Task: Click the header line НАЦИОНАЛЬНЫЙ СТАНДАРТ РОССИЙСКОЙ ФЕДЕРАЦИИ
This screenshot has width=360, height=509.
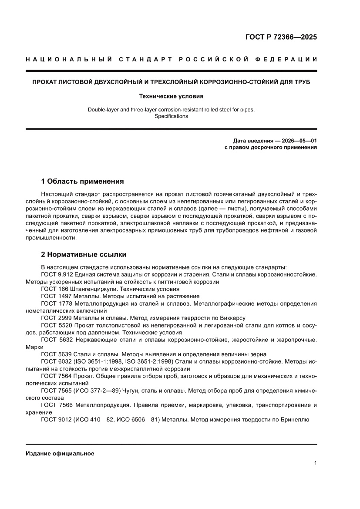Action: click(171, 59)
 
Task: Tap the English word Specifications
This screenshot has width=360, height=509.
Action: click(171, 116)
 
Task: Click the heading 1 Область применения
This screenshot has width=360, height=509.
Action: click(82, 181)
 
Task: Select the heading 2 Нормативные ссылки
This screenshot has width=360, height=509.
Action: click(84, 254)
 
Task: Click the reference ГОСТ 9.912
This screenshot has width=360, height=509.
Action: click(57, 274)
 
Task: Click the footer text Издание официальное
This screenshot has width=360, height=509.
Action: click(60, 453)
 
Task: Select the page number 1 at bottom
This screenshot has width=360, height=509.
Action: click(315, 463)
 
